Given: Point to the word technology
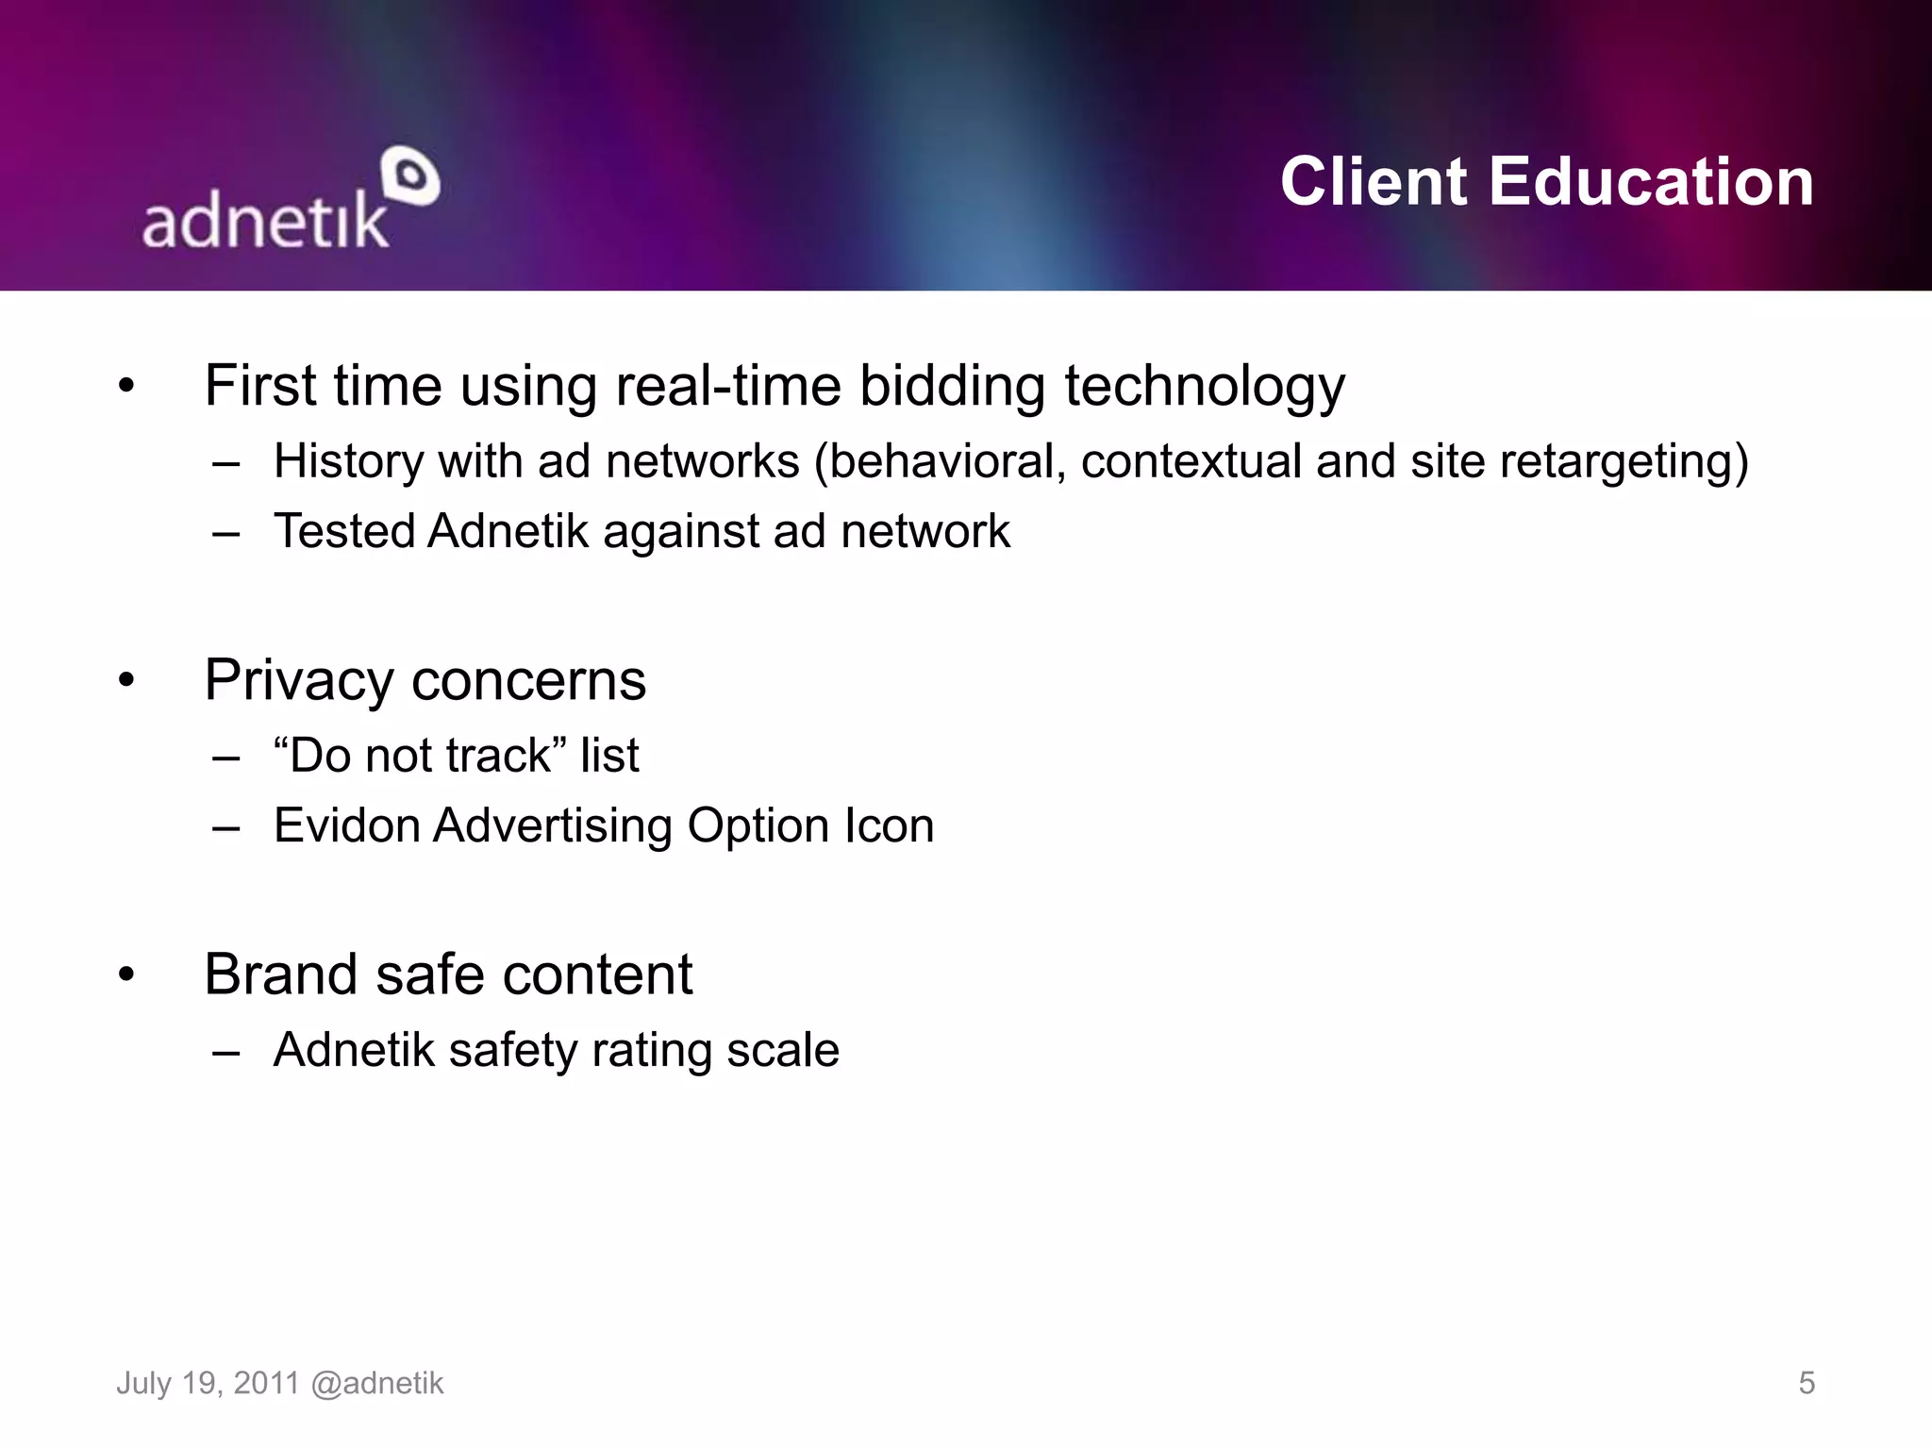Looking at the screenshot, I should click(1205, 388).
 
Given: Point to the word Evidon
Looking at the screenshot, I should click(346, 825).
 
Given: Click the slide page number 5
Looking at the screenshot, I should click(1806, 1383).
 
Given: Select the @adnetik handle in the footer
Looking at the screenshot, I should click(376, 1383).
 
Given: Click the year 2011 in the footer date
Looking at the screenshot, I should click(266, 1383).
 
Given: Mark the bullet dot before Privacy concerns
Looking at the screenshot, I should click(126, 680).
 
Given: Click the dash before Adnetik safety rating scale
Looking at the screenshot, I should click(226, 1051).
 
